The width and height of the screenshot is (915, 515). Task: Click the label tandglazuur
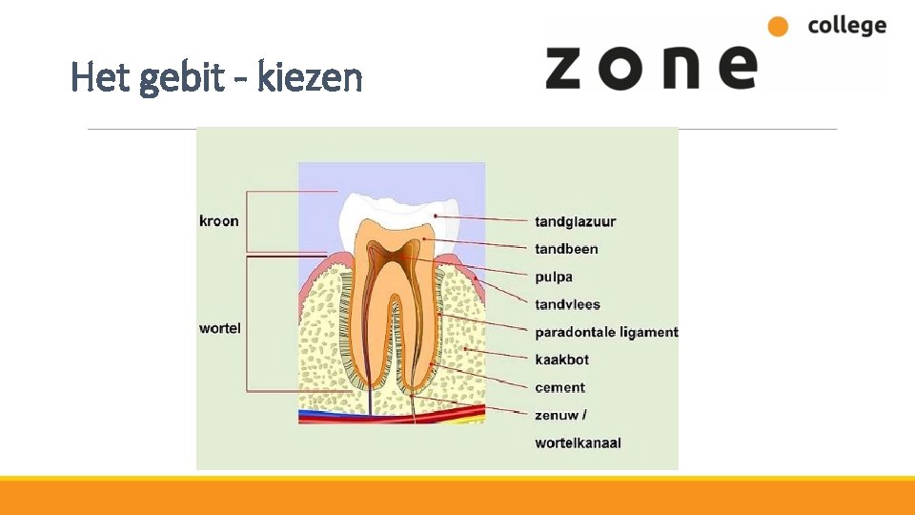tap(575, 222)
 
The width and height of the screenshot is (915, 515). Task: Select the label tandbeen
tap(566, 249)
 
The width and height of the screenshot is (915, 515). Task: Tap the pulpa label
tap(554, 278)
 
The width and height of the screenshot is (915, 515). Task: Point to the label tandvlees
tap(567, 305)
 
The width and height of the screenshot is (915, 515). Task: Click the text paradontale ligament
tap(606, 333)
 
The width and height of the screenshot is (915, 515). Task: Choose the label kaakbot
tap(561, 360)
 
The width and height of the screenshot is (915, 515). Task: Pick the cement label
tap(559, 387)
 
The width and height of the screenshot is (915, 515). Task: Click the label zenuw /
tap(560, 415)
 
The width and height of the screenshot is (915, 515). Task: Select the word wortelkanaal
tap(578, 443)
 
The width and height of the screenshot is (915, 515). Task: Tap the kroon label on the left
tap(218, 221)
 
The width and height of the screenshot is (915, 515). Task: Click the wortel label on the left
tap(219, 328)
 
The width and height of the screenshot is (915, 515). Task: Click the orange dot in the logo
tap(779, 27)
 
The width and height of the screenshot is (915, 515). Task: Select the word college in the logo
tap(846, 26)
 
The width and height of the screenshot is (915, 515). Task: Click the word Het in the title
tap(100, 77)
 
